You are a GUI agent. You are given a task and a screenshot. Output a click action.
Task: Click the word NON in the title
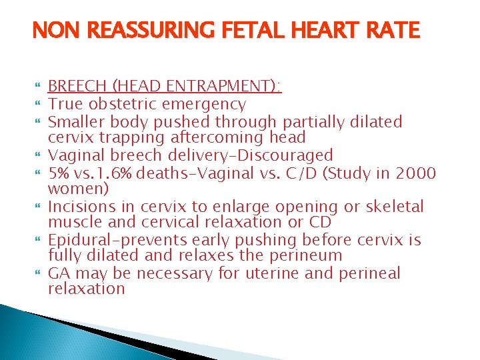52,31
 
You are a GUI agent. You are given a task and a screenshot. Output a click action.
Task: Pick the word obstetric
124,104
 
